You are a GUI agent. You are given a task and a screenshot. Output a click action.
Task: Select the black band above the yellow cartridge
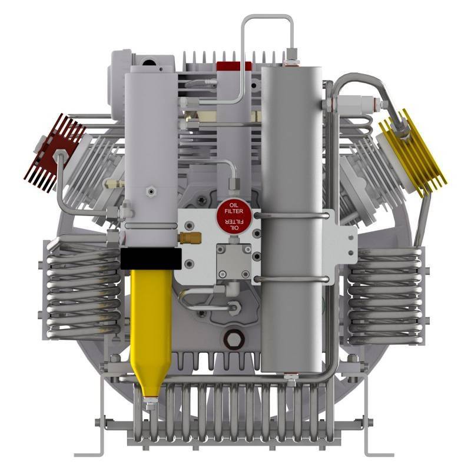pyautogui.click(x=151, y=258)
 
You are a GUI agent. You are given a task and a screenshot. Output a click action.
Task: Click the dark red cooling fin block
pyautogui.click(x=54, y=152)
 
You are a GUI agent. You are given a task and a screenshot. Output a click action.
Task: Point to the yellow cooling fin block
pyautogui.click(x=413, y=152)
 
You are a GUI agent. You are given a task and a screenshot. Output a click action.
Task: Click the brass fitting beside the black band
pyautogui.click(x=190, y=238)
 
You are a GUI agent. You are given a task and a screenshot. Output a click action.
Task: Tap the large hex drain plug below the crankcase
pyautogui.click(x=233, y=340)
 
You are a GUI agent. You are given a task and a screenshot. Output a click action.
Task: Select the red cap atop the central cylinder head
pyautogui.click(x=234, y=66)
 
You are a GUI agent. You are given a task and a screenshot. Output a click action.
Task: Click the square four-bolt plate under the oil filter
pyautogui.click(x=234, y=261)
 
